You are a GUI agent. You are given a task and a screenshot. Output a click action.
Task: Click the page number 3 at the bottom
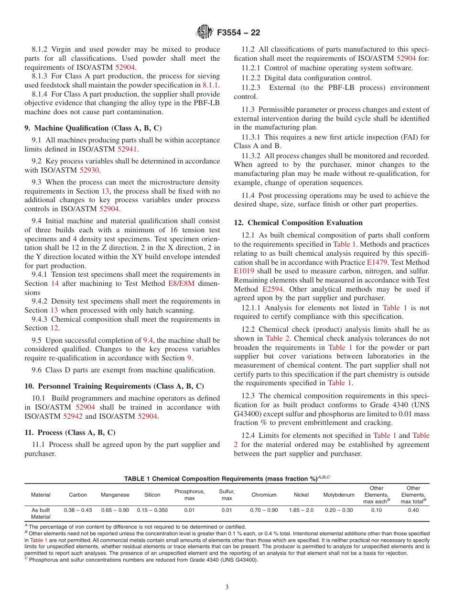[x=227, y=587]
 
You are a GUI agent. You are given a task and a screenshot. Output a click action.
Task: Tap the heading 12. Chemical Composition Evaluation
[x=298, y=223]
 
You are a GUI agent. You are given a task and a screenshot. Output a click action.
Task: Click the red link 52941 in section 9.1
[x=128, y=149]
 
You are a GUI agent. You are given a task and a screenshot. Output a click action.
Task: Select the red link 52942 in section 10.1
[x=72, y=416]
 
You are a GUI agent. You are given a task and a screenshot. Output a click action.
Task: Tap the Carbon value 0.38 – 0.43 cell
[x=78, y=510]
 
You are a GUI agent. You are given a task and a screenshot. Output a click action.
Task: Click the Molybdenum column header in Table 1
[x=339, y=495]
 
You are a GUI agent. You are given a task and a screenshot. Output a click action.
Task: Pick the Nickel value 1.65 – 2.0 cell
[x=301, y=510]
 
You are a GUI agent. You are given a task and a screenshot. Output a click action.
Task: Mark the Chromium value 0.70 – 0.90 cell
[x=264, y=510]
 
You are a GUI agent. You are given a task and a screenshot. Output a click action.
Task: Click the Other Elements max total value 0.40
[x=413, y=510]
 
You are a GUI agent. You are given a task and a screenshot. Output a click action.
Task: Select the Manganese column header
[x=115, y=495]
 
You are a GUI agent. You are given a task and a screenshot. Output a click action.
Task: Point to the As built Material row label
[x=41, y=513]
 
